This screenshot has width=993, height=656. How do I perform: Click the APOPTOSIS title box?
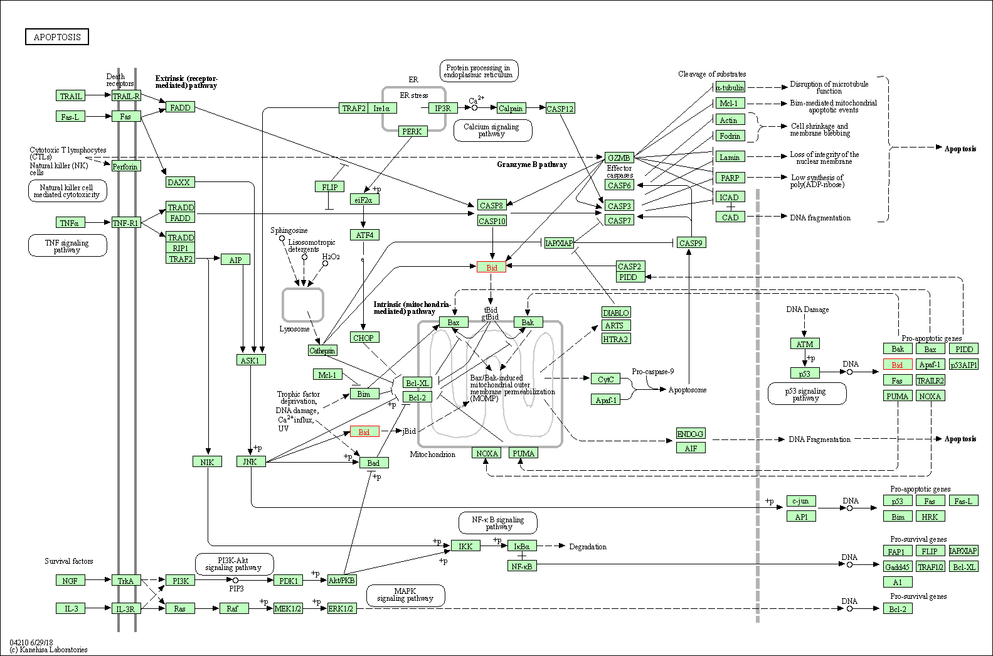[x=57, y=37]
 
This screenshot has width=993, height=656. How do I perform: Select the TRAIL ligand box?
[x=70, y=96]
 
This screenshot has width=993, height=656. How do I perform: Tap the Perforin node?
[x=125, y=166]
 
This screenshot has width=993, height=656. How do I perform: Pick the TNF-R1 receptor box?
[x=125, y=222]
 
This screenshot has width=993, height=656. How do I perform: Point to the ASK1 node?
[x=250, y=360]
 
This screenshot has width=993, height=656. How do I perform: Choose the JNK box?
[x=250, y=462]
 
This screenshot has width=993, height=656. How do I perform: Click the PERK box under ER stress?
[x=412, y=131]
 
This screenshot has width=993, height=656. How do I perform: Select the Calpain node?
[x=511, y=109]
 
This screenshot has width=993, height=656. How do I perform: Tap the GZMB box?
[x=619, y=158]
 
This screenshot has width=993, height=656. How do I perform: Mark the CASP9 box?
[x=691, y=243]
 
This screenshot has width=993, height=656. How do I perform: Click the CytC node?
[x=605, y=379]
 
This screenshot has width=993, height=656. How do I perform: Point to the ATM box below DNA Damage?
[x=804, y=344]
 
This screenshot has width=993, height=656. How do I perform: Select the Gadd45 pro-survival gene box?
[x=897, y=567]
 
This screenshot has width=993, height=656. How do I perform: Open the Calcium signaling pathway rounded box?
[x=492, y=130]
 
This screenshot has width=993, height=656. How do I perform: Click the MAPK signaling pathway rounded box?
[x=405, y=595]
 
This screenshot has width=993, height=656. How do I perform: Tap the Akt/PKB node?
[x=342, y=581]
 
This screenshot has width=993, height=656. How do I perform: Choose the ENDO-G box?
[x=691, y=434]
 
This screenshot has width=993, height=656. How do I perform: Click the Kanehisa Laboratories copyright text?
[x=49, y=650]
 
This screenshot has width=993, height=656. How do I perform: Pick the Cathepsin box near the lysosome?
[x=322, y=350]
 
